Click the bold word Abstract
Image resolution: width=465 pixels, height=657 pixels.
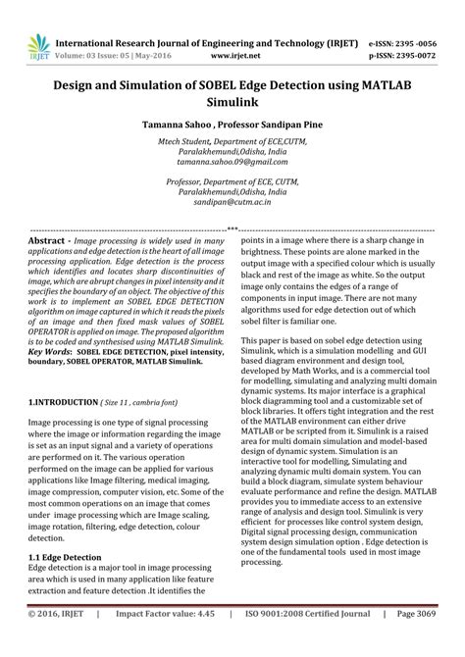tap(48, 240)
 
